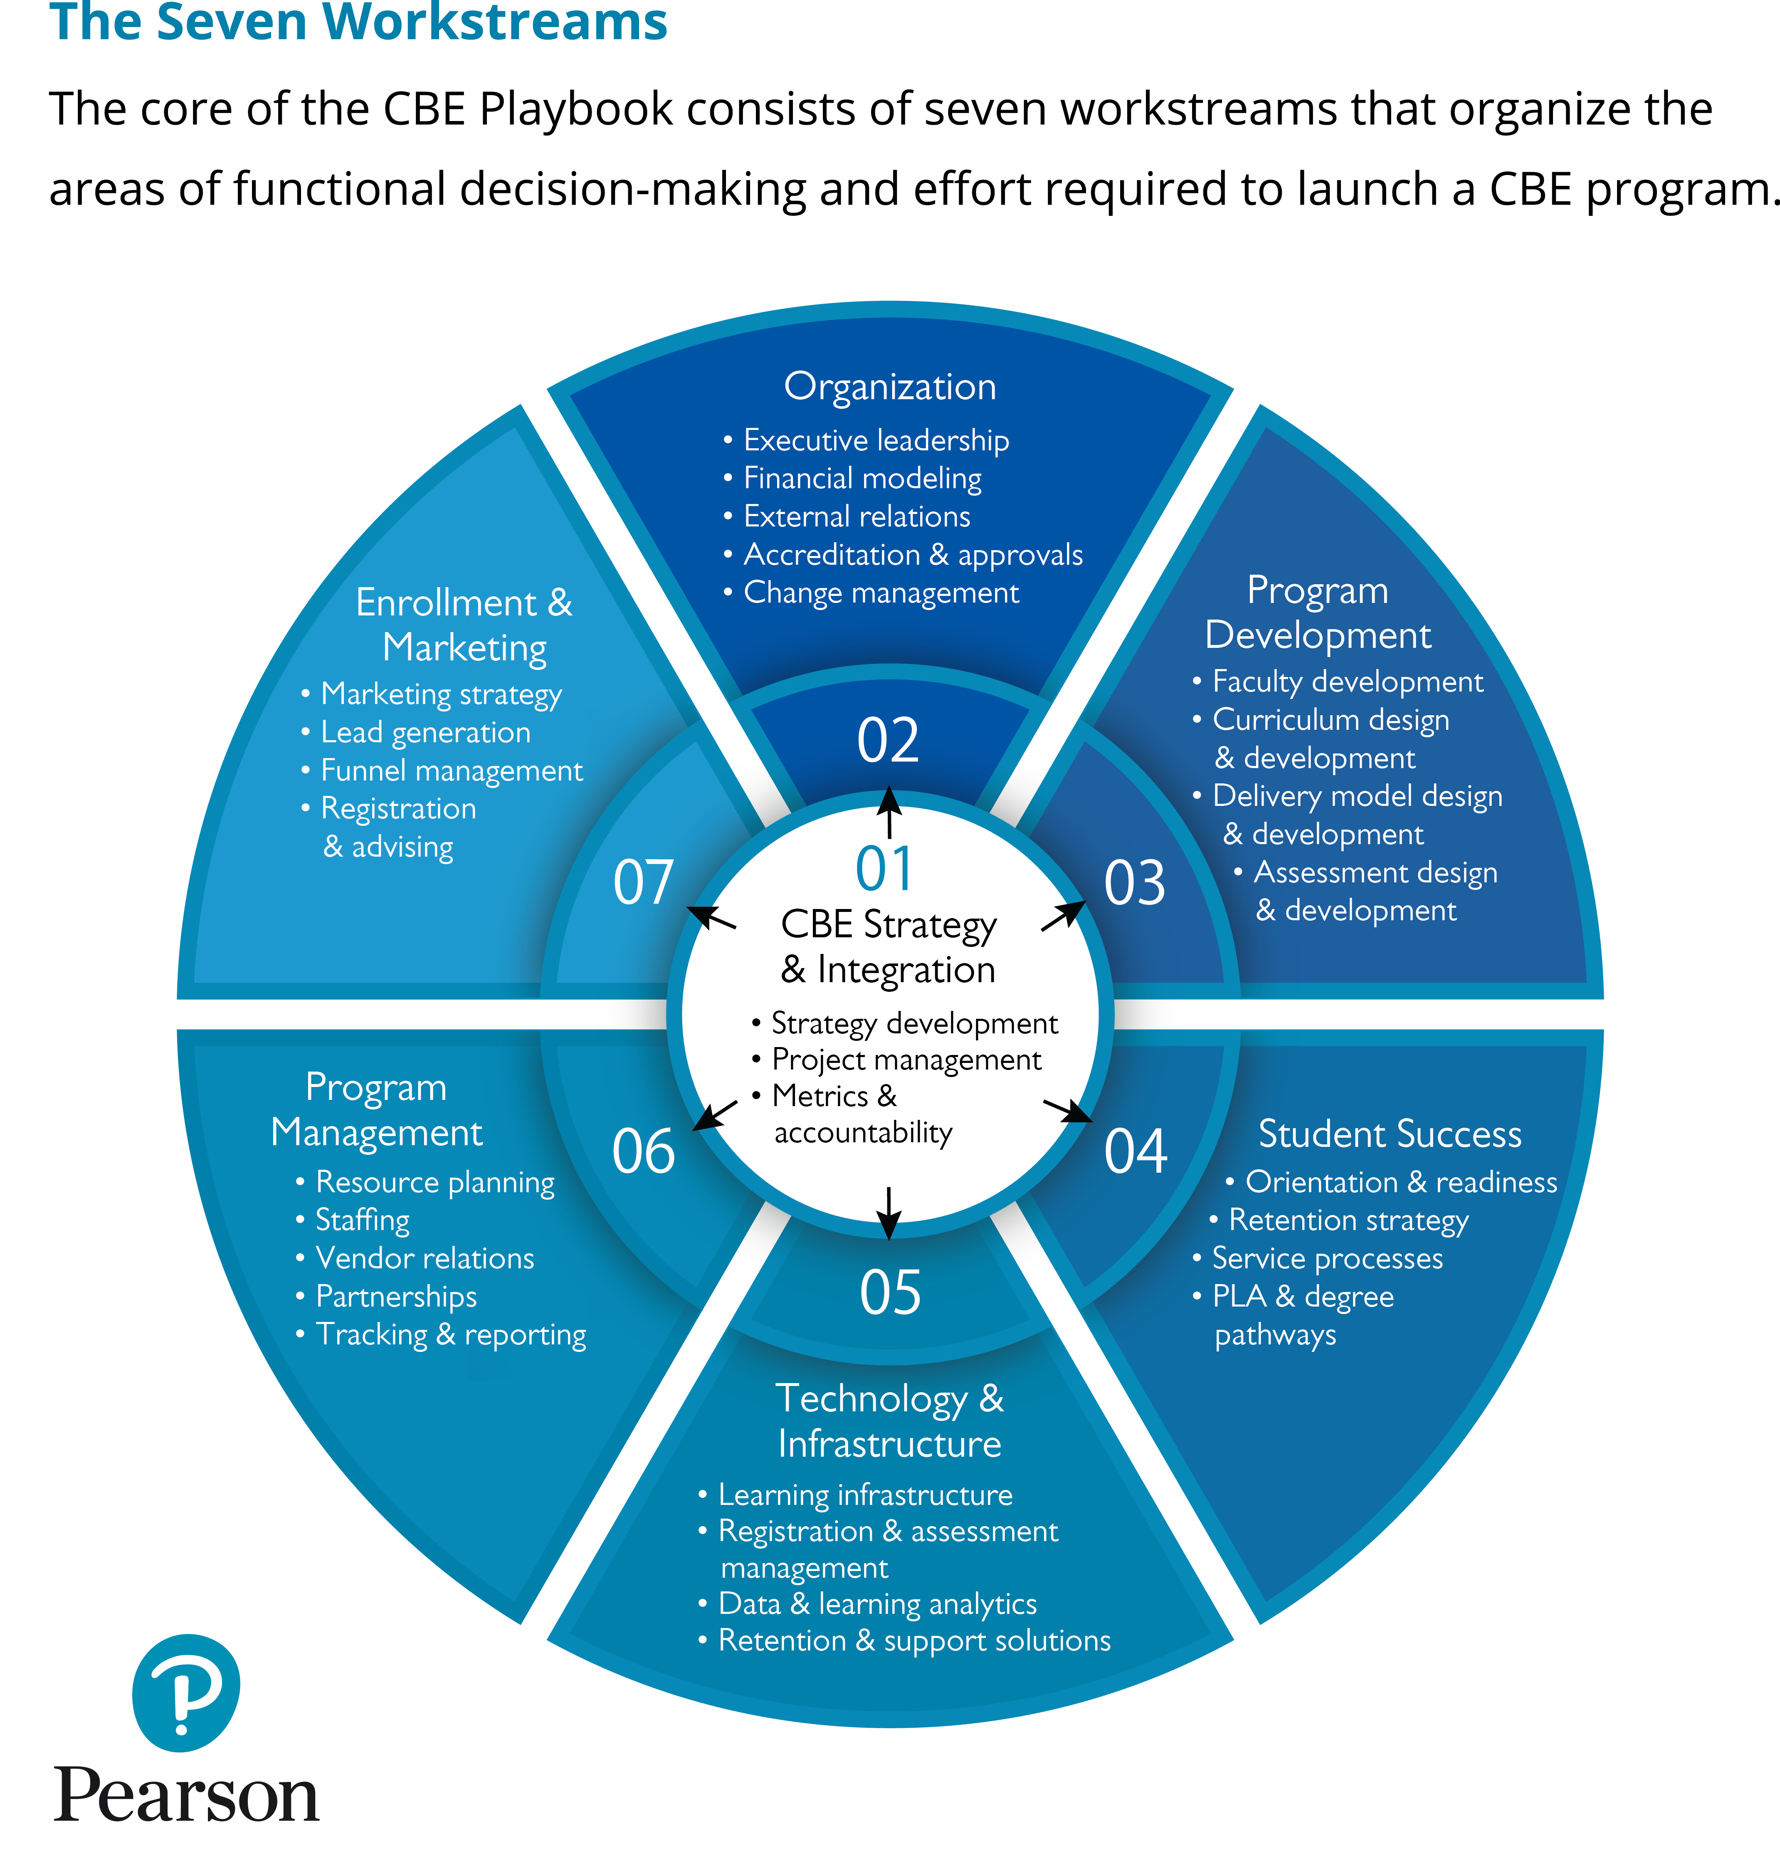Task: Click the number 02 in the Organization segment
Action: coord(888,741)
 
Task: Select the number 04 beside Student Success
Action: coord(1135,1151)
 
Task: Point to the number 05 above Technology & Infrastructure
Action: coord(890,1292)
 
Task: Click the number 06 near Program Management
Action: coord(643,1151)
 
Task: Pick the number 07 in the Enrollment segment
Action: coord(643,882)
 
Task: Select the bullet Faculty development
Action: coord(1347,681)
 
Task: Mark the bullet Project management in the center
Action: coord(906,1060)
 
